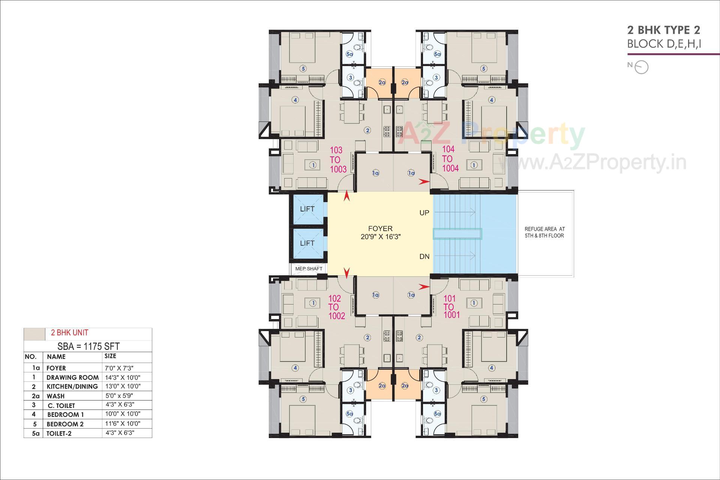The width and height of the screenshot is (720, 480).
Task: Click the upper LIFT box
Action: point(307,209)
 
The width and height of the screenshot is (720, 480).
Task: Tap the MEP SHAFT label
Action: point(309,269)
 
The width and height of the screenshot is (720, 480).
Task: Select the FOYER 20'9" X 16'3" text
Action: point(380,232)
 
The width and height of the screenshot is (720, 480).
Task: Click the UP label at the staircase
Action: point(424,213)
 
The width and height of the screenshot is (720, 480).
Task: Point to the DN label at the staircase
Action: point(424,256)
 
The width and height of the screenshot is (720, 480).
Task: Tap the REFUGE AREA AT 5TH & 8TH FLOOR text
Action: point(544,232)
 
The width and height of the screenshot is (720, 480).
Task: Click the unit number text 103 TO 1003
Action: point(337,160)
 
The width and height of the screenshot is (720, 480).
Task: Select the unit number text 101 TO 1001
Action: point(450,307)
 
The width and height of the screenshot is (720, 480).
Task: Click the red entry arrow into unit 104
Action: point(424,182)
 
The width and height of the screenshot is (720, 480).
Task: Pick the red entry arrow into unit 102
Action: point(347,273)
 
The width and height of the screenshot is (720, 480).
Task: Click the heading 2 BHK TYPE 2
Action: point(663,30)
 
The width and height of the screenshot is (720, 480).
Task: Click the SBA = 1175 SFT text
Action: point(88,346)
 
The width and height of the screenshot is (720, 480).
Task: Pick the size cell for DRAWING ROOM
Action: point(123,377)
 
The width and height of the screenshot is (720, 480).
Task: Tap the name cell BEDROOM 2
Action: point(65,424)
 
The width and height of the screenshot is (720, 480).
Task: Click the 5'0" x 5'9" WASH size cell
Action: point(119,396)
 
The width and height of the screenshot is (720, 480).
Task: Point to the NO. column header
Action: point(30,357)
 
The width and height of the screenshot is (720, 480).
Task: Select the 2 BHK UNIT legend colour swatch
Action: point(34,333)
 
